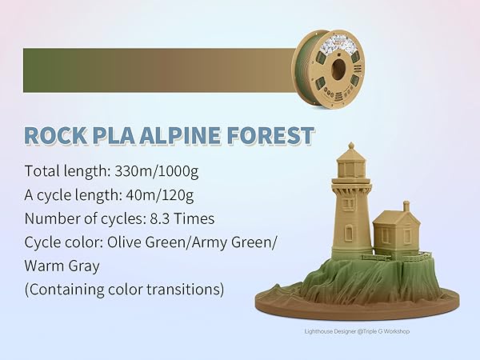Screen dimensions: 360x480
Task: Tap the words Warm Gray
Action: tap(61, 265)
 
